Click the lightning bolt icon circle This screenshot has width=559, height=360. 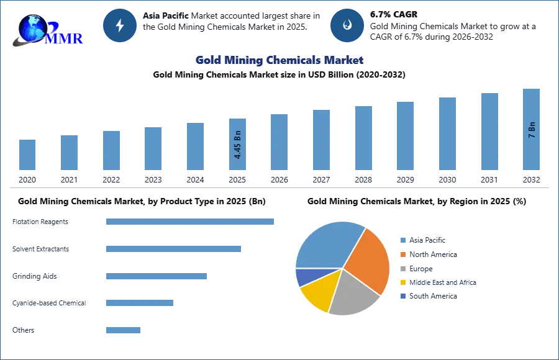pyautogui.click(x=120, y=25)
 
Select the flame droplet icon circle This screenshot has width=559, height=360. pyautogui.click(x=347, y=25)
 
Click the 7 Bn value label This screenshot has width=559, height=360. pyautogui.click(x=532, y=130)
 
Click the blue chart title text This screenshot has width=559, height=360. pyautogui.click(x=279, y=60)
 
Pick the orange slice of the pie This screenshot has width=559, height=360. pyautogui.click(x=370, y=261)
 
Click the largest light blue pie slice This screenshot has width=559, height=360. pyautogui.click(x=326, y=245)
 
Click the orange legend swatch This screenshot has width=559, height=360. pyautogui.click(x=402, y=254)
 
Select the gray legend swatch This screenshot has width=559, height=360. pyautogui.click(x=402, y=268)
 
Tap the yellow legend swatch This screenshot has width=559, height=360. pyautogui.click(x=402, y=283)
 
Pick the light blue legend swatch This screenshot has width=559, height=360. pyautogui.click(x=402, y=239)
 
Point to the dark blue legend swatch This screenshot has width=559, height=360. pyautogui.click(x=402, y=297)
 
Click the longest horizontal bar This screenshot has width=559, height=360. pyautogui.click(x=191, y=223)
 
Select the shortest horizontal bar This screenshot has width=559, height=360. pyautogui.click(x=124, y=330)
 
